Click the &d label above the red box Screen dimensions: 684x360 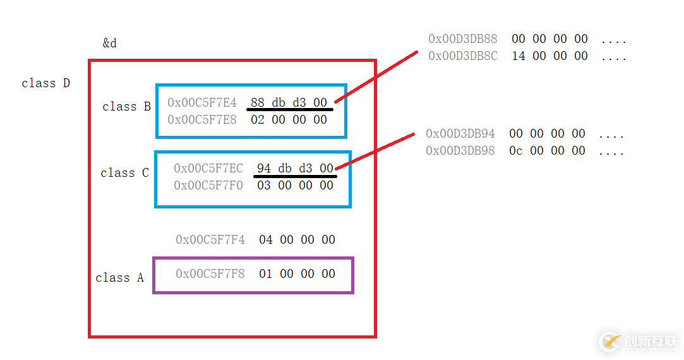click(x=109, y=43)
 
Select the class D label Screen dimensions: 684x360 click(x=46, y=83)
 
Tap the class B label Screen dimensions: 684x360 click(x=126, y=107)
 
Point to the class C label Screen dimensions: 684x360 click(x=125, y=173)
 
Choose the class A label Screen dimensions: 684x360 click(x=119, y=277)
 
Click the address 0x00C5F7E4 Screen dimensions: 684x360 click(x=202, y=102)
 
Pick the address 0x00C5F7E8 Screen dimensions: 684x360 click(x=202, y=119)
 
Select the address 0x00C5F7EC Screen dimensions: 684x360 click(x=208, y=168)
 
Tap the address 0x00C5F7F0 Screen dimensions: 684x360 click(x=208, y=186)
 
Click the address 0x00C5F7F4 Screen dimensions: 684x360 click(x=210, y=239)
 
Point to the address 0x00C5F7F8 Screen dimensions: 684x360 click(x=210, y=273)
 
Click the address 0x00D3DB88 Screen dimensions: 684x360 click(x=463, y=39)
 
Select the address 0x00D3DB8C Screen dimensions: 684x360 click(x=463, y=56)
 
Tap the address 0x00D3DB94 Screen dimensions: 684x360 click(x=460, y=133)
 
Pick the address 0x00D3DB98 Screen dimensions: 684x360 click(x=460, y=150)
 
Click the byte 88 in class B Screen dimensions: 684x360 click(x=258, y=102)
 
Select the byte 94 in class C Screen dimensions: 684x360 click(x=263, y=168)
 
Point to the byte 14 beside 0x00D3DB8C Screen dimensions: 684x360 click(x=519, y=56)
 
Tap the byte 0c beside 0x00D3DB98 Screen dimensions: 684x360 click(x=515, y=150)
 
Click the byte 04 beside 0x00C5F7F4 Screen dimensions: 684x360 click(x=266, y=239)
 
